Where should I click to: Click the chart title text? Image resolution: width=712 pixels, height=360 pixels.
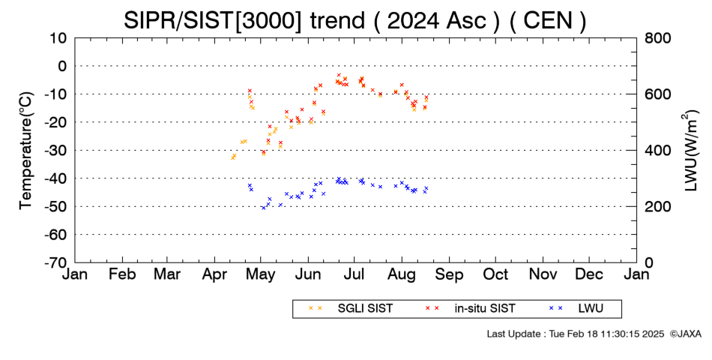[x=355, y=20]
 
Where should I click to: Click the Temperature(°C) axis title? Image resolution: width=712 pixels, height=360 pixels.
[x=26, y=151]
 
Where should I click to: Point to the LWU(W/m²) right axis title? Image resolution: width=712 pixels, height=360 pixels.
[x=689, y=151]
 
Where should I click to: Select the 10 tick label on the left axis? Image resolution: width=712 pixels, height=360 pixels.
[x=58, y=38]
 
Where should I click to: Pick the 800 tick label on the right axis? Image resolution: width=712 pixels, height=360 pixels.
[x=657, y=38]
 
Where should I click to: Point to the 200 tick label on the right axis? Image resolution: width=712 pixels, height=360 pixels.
[x=657, y=206]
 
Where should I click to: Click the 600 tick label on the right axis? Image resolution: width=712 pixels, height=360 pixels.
[x=657, y=94]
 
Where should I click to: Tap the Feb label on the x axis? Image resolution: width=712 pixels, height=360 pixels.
[x=122, y=274]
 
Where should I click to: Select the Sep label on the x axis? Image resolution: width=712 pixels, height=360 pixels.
[x=449, y=274]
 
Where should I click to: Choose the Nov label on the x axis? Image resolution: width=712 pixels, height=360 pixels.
[x=543, y=274]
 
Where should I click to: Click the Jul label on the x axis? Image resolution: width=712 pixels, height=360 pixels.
[x=355, y=274]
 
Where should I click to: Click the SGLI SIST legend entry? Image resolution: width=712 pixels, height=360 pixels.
[x=351, y=309]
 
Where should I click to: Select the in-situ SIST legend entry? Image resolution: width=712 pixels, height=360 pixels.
[x=471, y=309]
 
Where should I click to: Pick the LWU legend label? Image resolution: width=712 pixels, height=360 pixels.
[x=591, y=309]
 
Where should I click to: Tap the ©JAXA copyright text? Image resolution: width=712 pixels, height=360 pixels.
[x=686, y=334]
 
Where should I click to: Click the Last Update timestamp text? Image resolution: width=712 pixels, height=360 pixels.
[x=576, y=334]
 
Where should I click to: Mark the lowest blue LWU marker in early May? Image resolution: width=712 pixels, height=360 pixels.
[x=263, y=208]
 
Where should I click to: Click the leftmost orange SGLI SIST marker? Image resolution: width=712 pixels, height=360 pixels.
[x=233, y=157]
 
